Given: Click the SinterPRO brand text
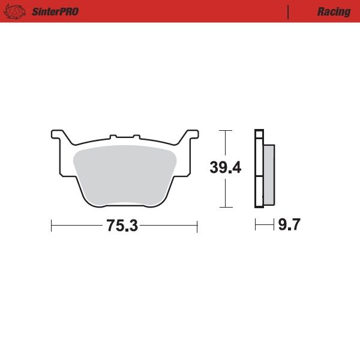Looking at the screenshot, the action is click(55, 12).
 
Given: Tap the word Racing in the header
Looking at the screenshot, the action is click(334, 12).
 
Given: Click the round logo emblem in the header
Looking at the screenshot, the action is click(14, 11).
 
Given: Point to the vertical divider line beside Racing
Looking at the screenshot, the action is click(288, 12).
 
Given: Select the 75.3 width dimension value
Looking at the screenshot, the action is click(122, 226).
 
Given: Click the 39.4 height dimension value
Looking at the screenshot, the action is click(226, 167).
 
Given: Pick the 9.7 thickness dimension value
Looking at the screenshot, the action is click(289, 224).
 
